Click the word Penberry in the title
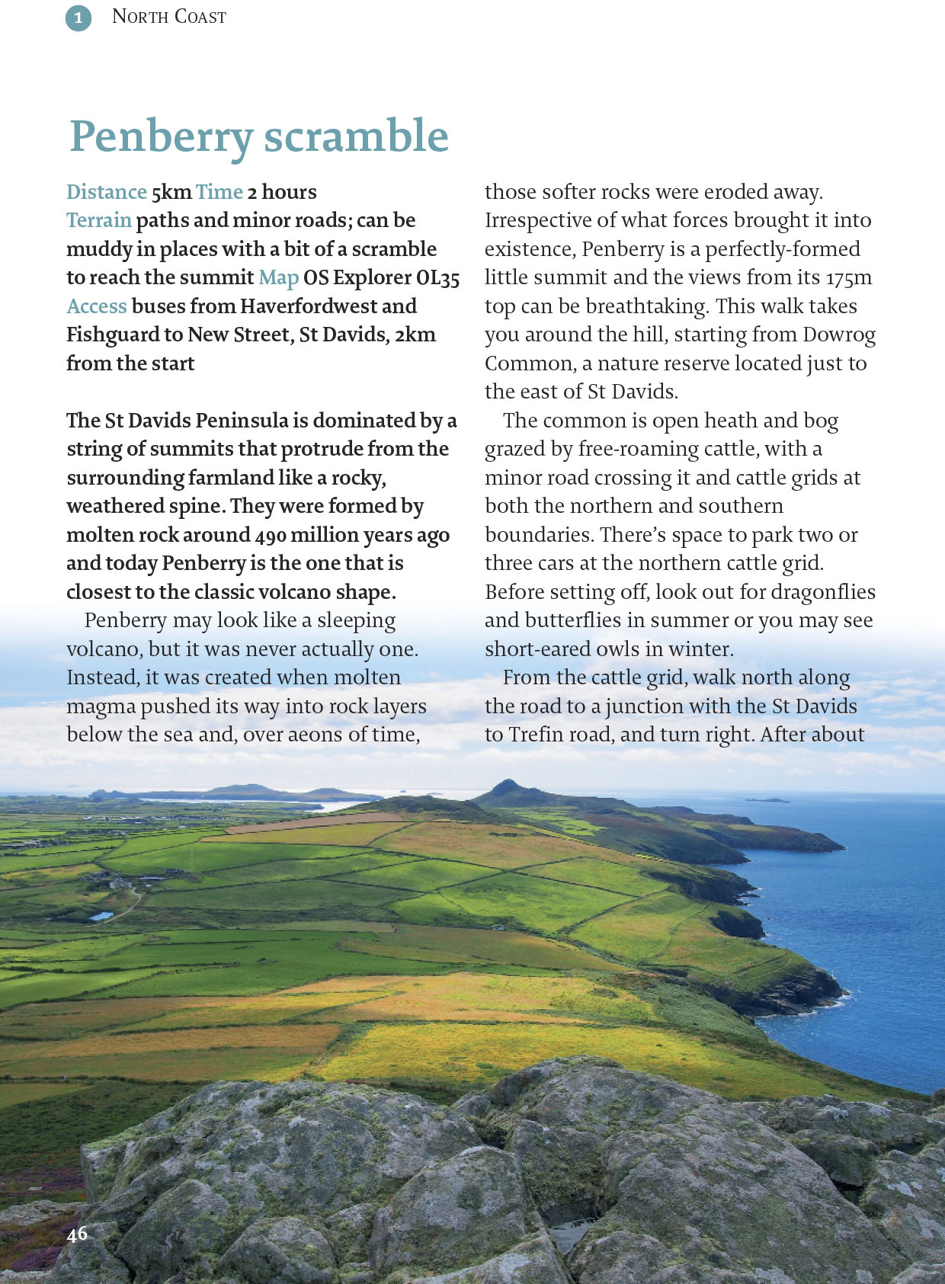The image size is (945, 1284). click(x=161, y=137)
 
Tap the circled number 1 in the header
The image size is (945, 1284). click(x=78, y=18)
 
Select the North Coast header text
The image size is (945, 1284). click(x=168, y=17)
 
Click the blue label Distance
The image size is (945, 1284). click(x=106, y=192)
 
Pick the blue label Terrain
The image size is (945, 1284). click(x=99, y=220)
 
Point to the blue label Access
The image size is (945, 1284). click(x=97, y=306)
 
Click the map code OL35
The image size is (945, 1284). click(x=437, y=278)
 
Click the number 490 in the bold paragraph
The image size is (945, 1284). click(x=271, y=535)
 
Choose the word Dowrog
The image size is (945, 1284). click(x=839, y=335)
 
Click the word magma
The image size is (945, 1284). click(x=99, y=706)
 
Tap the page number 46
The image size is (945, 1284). click(x=77, y=1234)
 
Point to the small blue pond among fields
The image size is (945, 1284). click(x=101, y=915)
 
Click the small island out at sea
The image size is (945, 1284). click(x=768, y=799)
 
